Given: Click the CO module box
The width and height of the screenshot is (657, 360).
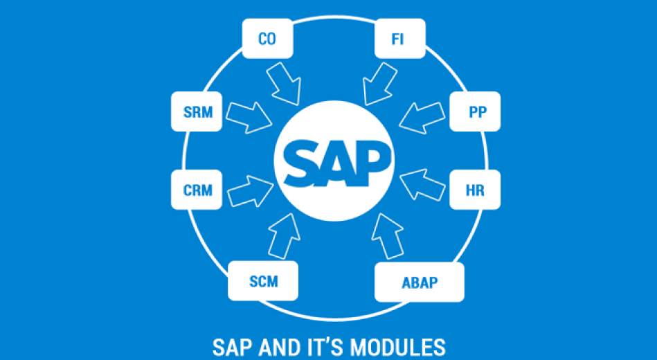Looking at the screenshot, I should (x=267, y=39).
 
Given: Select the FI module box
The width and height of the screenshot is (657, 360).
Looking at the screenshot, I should (x=398, y=39).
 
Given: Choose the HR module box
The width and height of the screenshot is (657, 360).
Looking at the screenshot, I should (x=475, y=190).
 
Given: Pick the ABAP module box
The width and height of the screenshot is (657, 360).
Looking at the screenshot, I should (x=420, y=282).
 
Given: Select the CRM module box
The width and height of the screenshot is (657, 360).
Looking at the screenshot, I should (x=197, y=190).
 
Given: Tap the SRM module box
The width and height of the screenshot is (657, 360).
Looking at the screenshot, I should (x=197, y=111).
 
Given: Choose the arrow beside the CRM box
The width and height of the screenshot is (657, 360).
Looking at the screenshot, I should (x=249, y=189).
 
